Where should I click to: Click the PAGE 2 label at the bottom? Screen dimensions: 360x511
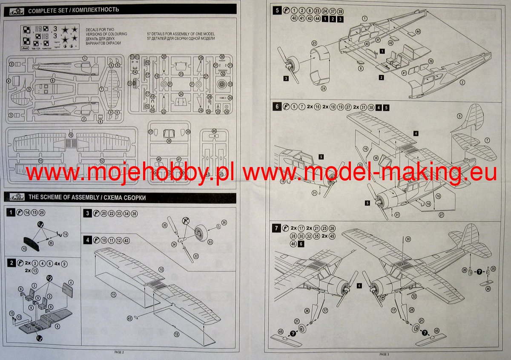tap(119, 352)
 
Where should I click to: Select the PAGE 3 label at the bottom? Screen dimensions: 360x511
tap(385, 354)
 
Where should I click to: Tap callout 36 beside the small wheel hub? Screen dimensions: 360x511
tap(224, 222)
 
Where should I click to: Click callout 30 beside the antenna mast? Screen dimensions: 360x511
tap(408, 240)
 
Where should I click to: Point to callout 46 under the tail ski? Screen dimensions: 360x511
tap(488, 289)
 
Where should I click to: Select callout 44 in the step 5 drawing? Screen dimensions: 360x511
tap(418, 32)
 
